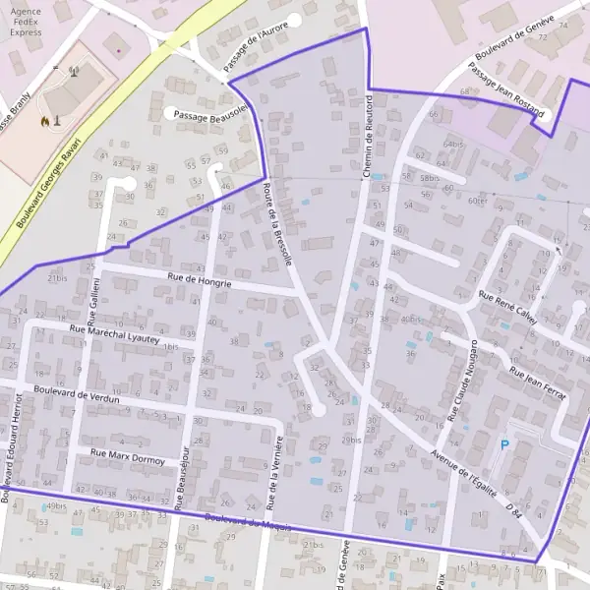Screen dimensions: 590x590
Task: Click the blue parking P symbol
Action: pos(505,445)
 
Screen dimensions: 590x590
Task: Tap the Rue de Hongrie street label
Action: pos(200,281)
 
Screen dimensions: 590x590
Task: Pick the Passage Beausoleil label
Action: pos(208,115)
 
